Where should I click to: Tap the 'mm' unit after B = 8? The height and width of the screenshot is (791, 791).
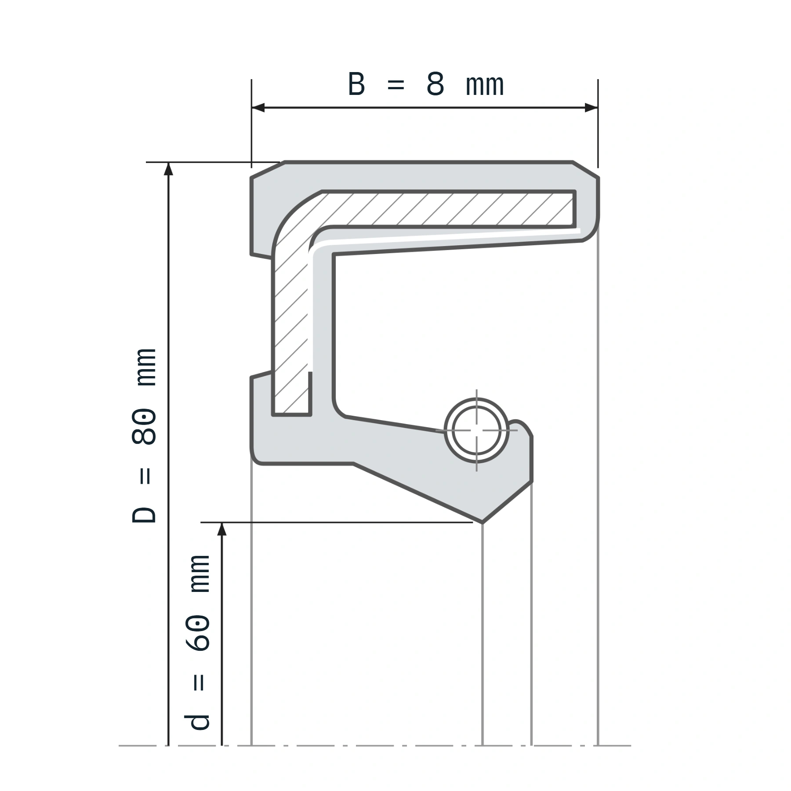coord(484,86)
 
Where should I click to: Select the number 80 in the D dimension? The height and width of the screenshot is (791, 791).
coord(144,426)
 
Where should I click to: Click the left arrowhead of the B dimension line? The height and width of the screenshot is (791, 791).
coord(258,108)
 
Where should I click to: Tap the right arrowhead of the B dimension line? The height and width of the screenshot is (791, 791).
coord(591,108)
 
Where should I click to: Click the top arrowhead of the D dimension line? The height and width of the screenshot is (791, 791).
coord(168,169)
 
